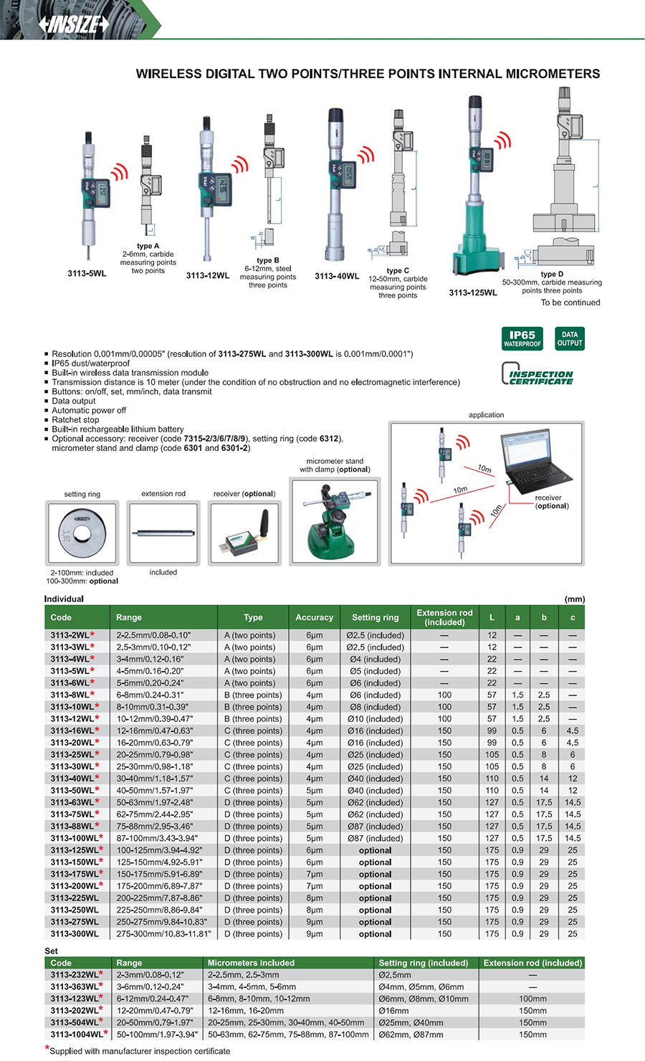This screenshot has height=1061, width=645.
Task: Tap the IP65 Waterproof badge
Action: tap(522, 338)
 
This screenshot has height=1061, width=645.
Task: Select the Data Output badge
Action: tap(570, 338)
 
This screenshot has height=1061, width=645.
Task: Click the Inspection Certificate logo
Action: tap(537, 374)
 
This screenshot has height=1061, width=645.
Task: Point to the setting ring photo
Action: tap(82, 533)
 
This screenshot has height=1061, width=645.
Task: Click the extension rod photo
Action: tap(163, 533)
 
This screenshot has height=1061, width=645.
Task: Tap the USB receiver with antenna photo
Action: tap(245, 533)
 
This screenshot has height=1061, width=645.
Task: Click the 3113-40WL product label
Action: tap(337, 276)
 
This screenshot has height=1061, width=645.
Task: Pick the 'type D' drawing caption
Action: tap(552, 274)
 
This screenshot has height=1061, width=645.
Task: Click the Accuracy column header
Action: tap(314, 617)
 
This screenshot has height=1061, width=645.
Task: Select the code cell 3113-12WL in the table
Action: tap(72, 719)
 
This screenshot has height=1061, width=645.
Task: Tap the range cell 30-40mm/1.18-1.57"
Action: tap(154, 779)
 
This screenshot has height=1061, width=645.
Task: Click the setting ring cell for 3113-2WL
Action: tap(375, 635)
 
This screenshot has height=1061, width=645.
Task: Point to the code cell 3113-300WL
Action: tap(75, 934)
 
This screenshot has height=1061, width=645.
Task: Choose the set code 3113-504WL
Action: tap(75, 1022)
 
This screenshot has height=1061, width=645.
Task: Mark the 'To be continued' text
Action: tap(570, 303)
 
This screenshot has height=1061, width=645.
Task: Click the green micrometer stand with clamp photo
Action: tap(335, 521)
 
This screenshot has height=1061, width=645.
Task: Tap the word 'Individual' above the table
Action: tap(64, 599)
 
